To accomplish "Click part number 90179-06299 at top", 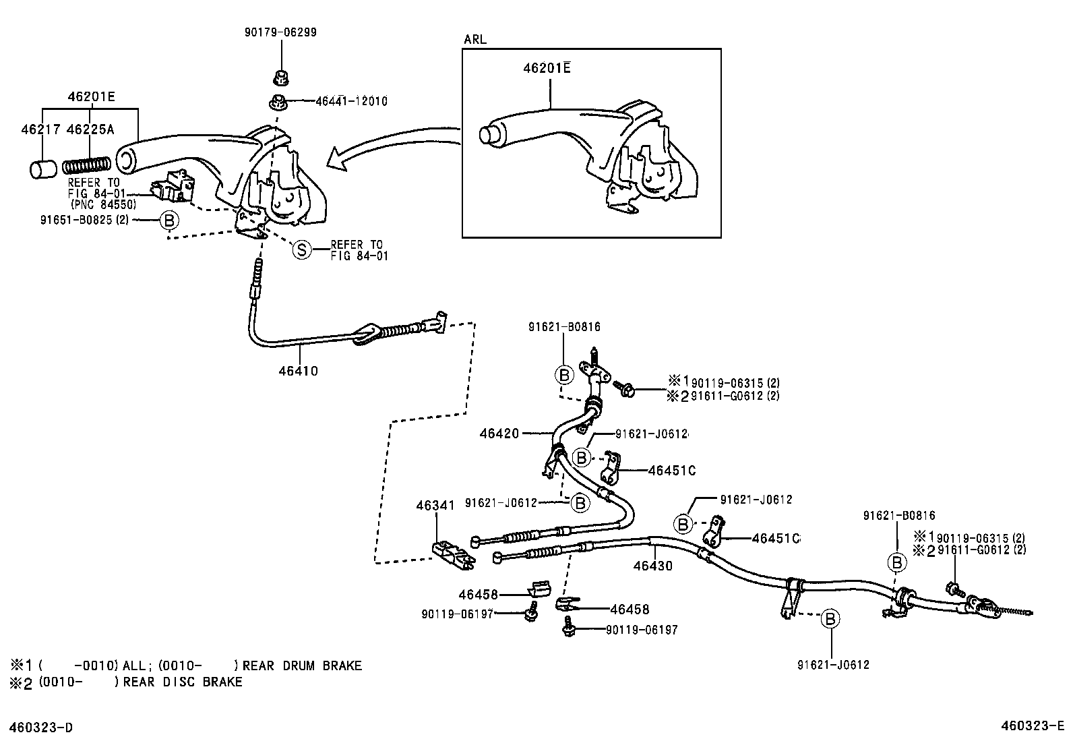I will pos(280,32).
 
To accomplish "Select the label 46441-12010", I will pos(351,101).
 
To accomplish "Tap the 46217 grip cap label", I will pos(40,129).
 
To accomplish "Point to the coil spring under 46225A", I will pos(86,166).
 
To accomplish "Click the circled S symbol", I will pos(302,250).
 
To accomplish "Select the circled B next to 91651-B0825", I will pos(169,220).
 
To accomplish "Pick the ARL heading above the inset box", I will pos(475,39).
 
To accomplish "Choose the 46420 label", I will pos(499,433).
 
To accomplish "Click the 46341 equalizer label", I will pos(435,504).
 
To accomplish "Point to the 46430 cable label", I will pos(652,566).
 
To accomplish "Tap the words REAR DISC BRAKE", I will pos(183,682).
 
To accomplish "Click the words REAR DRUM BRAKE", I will pos(302,665).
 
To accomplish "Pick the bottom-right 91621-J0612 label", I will pos(832,665).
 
